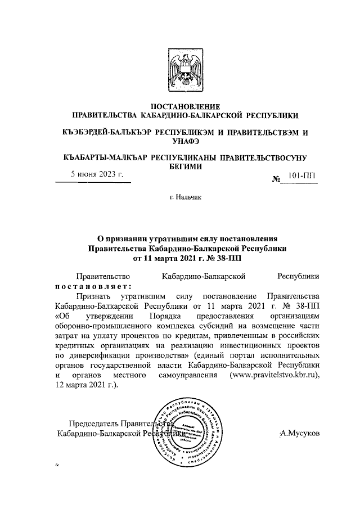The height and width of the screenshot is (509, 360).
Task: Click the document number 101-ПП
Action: [301, 176]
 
